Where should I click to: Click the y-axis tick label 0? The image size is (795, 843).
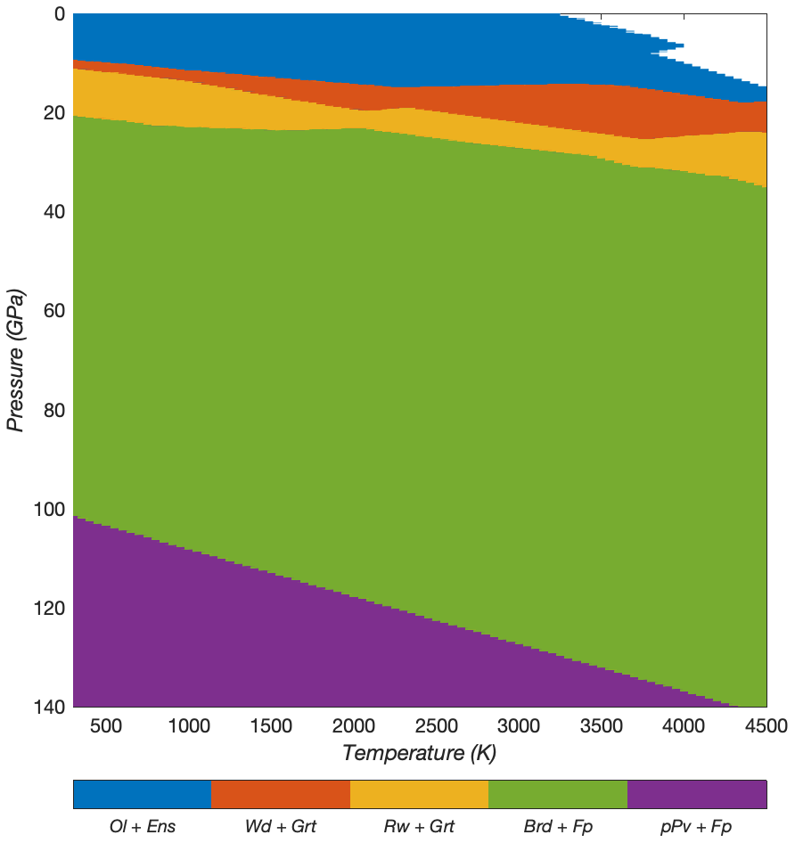point(58,14)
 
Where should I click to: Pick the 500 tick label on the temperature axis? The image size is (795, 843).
point(106,726)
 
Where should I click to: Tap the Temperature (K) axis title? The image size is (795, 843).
point(419,753)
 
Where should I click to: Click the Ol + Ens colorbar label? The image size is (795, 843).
point(143,826)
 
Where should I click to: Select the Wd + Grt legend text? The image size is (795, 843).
point(281,826)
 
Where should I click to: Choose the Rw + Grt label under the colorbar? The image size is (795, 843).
point(419,826)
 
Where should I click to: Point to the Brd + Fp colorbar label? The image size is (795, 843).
point(558,826)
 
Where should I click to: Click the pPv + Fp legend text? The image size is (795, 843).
point(696,826)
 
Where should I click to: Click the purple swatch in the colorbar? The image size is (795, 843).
point(697,794)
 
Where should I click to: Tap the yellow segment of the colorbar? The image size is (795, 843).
point(419,794)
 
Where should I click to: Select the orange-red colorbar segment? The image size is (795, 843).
point(281,794)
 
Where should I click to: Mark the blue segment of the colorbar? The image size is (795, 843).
point(143,794)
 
